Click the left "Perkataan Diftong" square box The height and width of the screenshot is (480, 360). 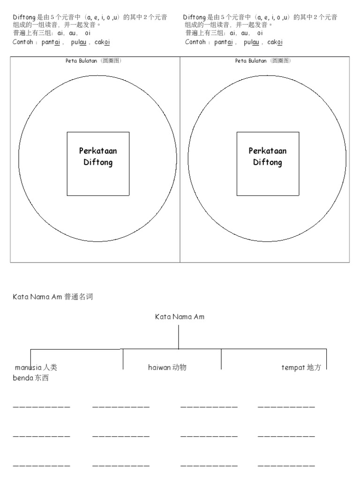click(x=98, y=163)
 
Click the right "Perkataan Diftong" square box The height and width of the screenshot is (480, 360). click(x=268, y=163)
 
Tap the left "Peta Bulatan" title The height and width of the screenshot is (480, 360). click(x=94, y=61)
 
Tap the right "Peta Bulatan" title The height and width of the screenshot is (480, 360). click(x=263, y=61)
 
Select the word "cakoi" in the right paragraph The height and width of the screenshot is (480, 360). click(x=275, y=42)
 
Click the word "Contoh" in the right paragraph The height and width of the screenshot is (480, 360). click(x=196, y=42)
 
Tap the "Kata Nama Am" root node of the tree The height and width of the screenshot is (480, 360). click(x=180, y=317)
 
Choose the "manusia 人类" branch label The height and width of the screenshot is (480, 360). click(x=36, y=367)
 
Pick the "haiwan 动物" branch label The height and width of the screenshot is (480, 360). click(x=167, y=367)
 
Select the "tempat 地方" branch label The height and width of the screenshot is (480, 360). click(x=301, y=367)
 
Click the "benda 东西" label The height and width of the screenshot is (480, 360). click(x=30, y=378)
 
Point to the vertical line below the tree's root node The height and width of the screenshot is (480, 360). click(x=179, y=337)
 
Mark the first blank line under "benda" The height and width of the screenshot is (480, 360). click(x=42, y=406)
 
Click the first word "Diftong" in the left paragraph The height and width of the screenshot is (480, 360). click(x=24, y=17)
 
